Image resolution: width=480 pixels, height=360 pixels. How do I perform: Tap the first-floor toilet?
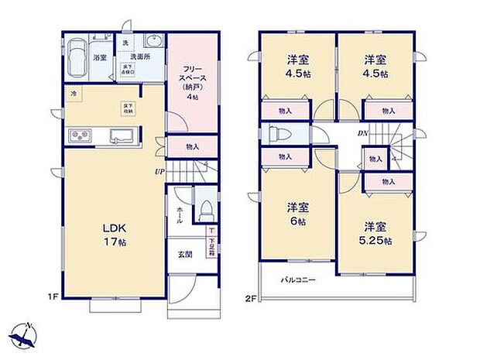[x=206, y=209]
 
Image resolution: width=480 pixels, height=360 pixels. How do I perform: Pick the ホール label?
[x=180, y=214]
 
